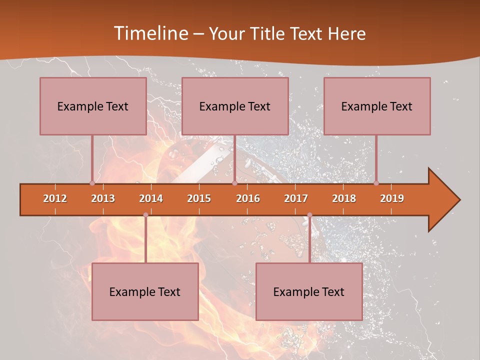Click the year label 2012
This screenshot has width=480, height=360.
click(55, 198)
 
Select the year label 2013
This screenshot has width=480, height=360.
click(103, 198)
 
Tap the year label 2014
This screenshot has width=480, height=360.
click(151, 198)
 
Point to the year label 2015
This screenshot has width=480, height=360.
click(199, 198)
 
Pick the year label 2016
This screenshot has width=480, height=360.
click(248, 198)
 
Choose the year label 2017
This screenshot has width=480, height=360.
click(296, 198)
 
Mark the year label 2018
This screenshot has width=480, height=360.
click(344, 198)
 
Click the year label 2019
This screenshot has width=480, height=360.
click(392, 198)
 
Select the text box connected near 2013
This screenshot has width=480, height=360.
click(93, 106)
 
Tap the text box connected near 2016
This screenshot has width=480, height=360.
click(235, 106)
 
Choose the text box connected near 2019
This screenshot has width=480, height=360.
click(377, 106)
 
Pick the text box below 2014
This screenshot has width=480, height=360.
click(145, 291)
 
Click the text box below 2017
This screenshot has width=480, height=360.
click(309, 291)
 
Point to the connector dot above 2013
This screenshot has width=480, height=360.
click(92, 183)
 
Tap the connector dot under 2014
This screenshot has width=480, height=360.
click(145, 215)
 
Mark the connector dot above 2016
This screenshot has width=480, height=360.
click(234, 183)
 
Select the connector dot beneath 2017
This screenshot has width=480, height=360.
click(309, 215)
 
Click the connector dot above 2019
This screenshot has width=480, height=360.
click(376, 183)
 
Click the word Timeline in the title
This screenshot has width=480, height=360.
click(150, 33)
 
